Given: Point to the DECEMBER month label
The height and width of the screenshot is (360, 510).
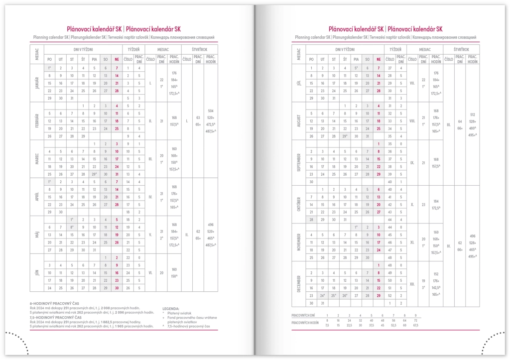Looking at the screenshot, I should pyautogui.click(x=298, y=283).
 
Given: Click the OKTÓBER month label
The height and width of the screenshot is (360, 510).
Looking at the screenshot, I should pyautogui.click(x=298, y=204).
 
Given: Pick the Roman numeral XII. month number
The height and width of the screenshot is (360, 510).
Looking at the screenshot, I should pyautogui.click(x=412, y=283).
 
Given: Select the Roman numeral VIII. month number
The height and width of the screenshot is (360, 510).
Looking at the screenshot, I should pyautogui.click(x=412, y=120).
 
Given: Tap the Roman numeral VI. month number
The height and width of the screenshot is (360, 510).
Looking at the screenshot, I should pyautogui.click(x=150, y=273).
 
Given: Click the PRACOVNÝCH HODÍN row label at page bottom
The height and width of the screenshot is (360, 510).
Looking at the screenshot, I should pyautogui.click(x=305, y=323).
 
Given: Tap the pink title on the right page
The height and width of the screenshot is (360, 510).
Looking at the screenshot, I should pyautogui.click(x=385, y=29).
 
